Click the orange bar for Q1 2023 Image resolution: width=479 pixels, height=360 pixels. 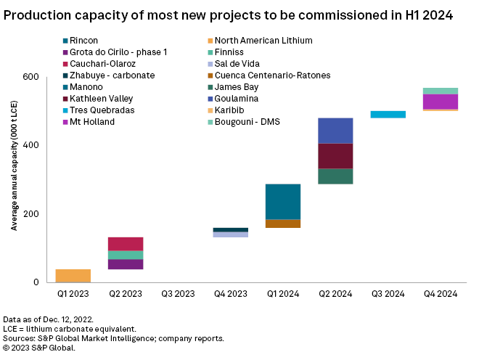tap(73, 275)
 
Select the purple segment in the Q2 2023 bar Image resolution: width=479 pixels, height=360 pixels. tap(125, 264)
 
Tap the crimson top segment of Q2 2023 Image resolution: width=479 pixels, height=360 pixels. tap(125, 244)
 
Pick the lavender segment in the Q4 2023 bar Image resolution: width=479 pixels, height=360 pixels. tap(230, 234)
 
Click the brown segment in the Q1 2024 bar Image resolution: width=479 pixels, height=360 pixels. tap(283, 224)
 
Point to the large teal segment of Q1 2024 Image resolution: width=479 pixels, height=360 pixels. tap(283, 201)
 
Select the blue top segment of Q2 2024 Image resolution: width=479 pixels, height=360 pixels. tap(335, 131)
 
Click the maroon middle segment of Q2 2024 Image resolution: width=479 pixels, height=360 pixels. tap(335, 156)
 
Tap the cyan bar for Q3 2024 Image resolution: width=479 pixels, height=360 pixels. tap(388, 114)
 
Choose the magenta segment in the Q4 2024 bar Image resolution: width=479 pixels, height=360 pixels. tap(440, 101)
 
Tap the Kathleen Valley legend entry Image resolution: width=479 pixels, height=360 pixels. tap(98, 99)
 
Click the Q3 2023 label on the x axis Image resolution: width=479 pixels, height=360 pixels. tap(178, 294)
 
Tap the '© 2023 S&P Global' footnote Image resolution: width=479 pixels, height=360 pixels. tap(39, 348)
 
